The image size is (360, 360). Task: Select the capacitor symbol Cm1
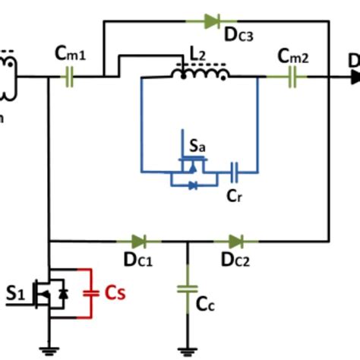[x=68, y=77]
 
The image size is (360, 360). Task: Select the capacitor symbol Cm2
[x=293, y=77]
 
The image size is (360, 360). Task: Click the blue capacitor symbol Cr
[x=235, y=172]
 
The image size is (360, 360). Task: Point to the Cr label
[x=235, y=195]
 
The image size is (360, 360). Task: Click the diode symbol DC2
[x=237, y=242]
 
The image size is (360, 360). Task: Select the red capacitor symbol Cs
[x=90, y=291]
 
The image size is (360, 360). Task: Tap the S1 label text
[x=15, y=291]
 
